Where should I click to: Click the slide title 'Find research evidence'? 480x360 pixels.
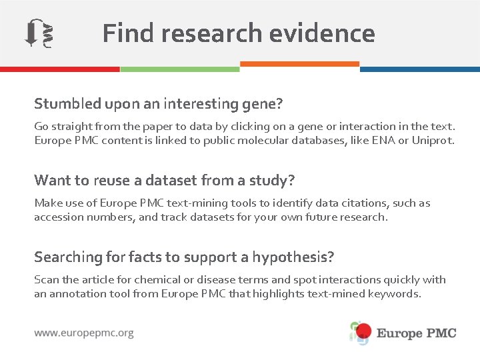tap(239, 33)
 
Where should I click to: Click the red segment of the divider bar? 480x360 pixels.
tap(60, 69)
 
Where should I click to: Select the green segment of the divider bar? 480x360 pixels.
tap(179, 69)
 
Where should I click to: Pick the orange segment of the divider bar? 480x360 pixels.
tap(299, 64)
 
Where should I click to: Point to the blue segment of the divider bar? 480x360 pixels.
tap(419, 69)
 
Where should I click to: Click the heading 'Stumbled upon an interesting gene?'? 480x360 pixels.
tap(159, 104)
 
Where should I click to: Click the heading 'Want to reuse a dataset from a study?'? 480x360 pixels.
tap(164, 180)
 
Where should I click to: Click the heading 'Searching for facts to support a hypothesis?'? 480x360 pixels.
tap(184, 257)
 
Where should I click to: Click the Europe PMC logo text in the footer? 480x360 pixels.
tap(416, 333)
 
